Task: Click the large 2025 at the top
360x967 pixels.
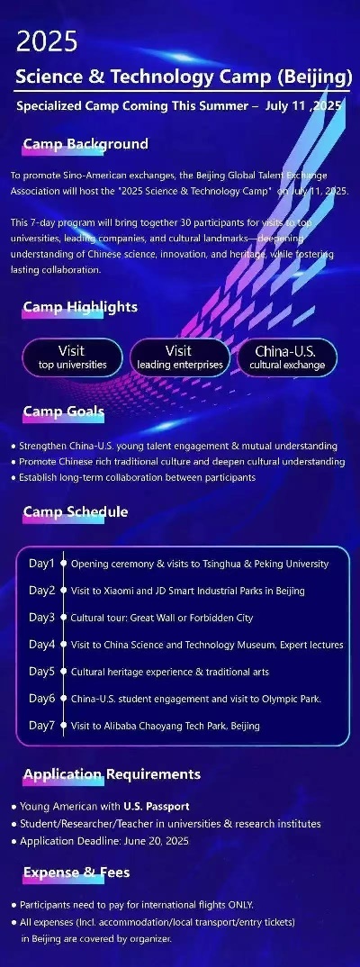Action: (x=47, y=42)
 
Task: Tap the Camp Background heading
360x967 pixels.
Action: (x=85, y=144)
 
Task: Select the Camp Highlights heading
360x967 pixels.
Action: (x=80, y=306)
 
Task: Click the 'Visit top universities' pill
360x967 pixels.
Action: (x=72, y=357)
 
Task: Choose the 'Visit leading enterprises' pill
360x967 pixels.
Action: (x=179, y=357)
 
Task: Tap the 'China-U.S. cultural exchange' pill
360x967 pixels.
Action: (x=287, y=357)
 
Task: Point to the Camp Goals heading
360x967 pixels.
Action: (x=64, y=411)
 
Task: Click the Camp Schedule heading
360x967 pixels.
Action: (x=76, y=512)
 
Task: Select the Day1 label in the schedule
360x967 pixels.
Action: (x=42, y=563)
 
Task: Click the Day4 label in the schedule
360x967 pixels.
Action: (x=42, y=645)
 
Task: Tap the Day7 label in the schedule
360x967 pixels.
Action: (x=42, y=726)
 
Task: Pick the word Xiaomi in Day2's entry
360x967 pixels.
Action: (x=116, y=591)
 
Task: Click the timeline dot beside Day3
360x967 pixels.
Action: (x=63, y=618)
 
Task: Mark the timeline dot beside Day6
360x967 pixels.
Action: (x=63, y=699)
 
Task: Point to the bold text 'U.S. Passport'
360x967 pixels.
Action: (x=156, y=806)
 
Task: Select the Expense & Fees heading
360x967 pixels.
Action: (x=76, y=872)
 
